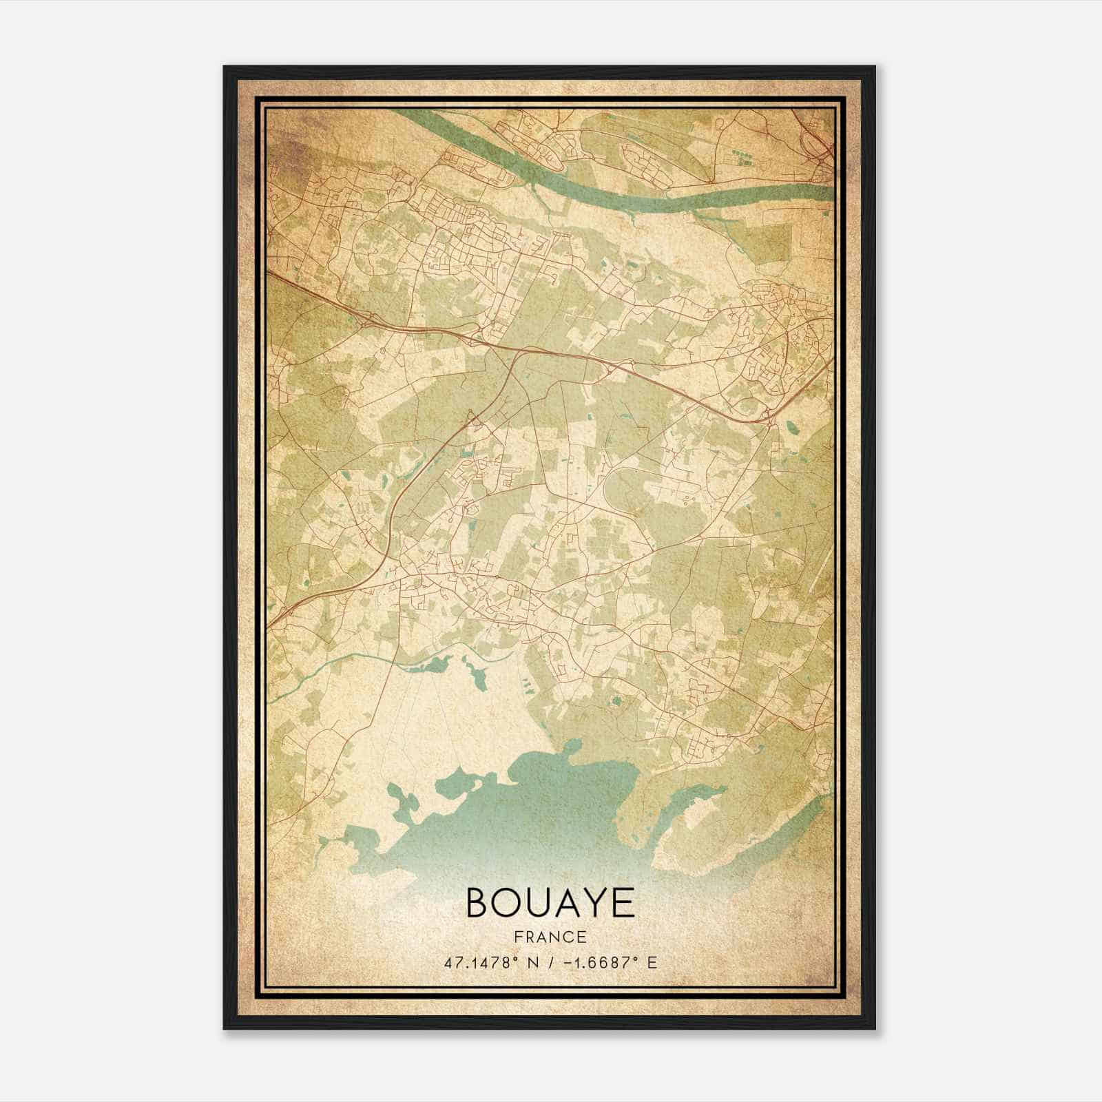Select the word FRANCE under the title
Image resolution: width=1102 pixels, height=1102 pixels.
(x=550, y=937)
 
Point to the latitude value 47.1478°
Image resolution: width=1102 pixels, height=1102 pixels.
(x=479, y=962)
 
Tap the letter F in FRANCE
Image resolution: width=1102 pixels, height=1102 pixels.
(x=518, y=937)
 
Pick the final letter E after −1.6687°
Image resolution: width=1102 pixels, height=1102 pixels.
(x=652, y=962)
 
